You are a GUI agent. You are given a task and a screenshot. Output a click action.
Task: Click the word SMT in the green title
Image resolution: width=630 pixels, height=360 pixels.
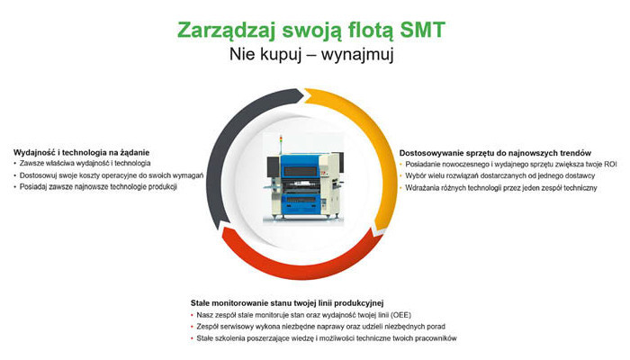click(x=423, y=30)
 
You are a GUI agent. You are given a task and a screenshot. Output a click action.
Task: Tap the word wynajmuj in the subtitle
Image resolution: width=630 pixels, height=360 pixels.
click(x=357, y=55)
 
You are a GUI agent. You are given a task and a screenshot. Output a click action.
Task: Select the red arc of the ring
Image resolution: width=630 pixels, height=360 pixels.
click(x=297, y=266)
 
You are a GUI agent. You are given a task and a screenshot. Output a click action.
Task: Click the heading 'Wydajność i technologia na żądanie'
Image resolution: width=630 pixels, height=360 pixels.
click(x=82, y=153)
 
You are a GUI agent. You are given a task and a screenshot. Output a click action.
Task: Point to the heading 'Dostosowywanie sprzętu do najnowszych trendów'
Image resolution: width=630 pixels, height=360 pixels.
click(x=495, y=153)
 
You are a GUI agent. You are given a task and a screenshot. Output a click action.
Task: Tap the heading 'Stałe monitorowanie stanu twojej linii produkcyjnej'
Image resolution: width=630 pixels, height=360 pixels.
click(x=287, y=302)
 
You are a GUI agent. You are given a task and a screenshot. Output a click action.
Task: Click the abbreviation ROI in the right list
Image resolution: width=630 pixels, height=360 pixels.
click(x=610, y=165)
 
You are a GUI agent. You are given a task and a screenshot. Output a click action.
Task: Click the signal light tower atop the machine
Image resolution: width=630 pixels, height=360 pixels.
click(x=281, y=146)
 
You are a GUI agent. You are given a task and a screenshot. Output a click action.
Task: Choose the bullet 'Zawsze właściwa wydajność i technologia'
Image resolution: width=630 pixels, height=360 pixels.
click(x=85, y=164)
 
